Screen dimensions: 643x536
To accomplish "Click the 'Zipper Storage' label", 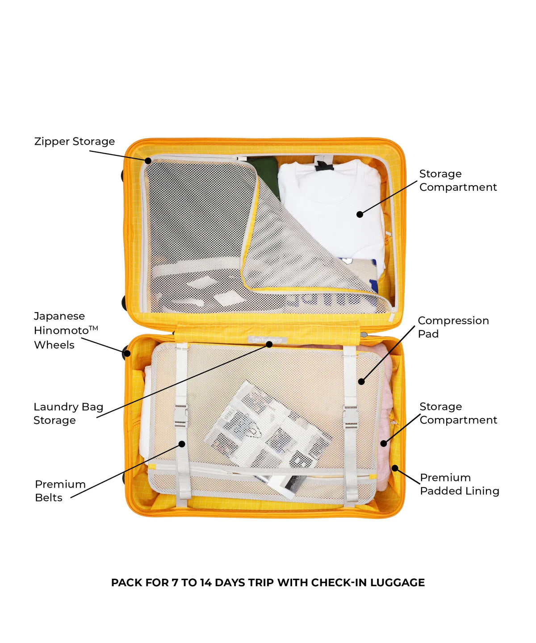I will click(74, 142).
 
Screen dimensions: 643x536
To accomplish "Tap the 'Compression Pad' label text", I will click(452, 327).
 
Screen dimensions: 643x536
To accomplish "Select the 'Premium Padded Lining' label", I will click(459, 484).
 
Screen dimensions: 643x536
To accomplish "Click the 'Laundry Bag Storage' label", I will click(68, 413).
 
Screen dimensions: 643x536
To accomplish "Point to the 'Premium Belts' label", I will click(60, 491).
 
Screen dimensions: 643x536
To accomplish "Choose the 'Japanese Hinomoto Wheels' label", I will click(65, 330).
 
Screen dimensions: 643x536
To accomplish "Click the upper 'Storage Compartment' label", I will click(457, 180).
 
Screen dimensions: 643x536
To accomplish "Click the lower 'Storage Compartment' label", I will click(458, 413).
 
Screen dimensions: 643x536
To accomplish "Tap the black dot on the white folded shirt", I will click(360, 214).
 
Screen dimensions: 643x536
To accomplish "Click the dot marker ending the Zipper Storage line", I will click(148, 160).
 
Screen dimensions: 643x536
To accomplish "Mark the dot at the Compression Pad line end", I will click(361, 381).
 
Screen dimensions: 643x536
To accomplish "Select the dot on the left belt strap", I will click(182, 443).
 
